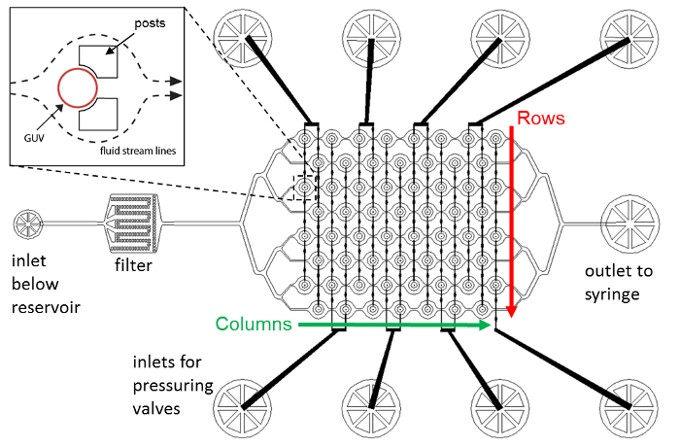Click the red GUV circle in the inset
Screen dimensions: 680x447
tap(59, 88)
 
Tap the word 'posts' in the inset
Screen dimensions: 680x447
tap(150, 23)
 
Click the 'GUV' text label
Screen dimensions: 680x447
tap(34, 138)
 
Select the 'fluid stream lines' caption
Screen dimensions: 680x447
tap(138, 151)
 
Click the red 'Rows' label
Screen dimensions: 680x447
tap(541, 118)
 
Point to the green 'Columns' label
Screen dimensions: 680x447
tap(254, 324)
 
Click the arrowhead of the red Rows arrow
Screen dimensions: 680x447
tap(512, 311)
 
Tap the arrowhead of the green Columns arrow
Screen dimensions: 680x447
tap(485, 325)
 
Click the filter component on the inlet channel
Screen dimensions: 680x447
tap(133, 223)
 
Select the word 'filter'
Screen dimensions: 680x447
tap(134, 265)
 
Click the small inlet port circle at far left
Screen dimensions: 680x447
tap(28, 223)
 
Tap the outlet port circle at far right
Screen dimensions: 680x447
tap(630, 223)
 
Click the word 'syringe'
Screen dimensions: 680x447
tap(612, 295)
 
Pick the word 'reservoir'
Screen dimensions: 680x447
tap(46, 307)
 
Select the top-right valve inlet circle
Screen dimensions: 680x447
tap(629, 38)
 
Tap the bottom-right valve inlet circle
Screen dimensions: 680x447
tap(629, 408)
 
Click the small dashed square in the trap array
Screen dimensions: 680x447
tap(293, 188)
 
